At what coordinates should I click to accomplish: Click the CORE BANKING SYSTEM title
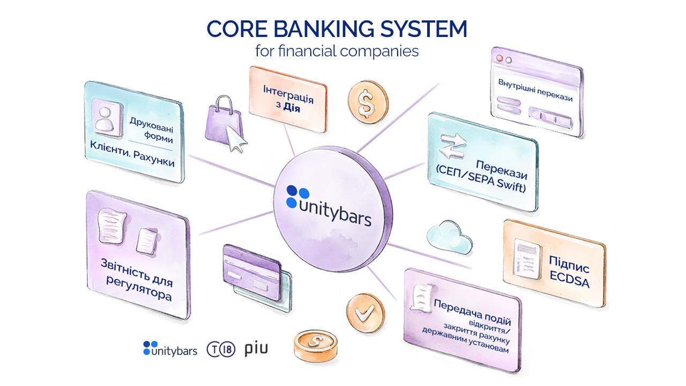[337, 29]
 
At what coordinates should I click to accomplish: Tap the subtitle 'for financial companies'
[337, 51]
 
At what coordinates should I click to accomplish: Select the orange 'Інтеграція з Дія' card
[288, 100]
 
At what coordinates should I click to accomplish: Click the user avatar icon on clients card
[106, 118]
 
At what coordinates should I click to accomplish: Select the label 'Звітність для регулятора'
[138, 279]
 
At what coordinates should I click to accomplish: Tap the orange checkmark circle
[365, 313]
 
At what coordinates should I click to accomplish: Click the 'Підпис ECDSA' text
[569, 271]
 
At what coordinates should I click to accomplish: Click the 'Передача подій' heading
[472, 311]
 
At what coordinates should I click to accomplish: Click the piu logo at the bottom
[256, 349]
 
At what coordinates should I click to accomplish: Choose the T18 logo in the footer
[221, 350]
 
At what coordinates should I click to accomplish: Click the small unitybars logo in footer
[170, 349]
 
